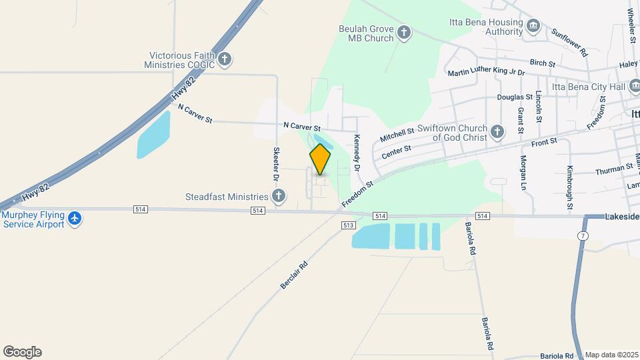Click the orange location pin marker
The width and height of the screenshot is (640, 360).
(320, 159)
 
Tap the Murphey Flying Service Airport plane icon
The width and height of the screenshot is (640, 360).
(75, 219)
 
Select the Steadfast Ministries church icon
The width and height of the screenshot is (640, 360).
(279, 196)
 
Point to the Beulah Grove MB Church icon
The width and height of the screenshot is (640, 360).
(404, 33)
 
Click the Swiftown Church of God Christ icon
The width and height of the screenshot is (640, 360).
(497, 131)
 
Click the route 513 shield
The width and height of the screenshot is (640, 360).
(348, 225)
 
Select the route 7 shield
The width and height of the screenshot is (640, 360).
(583, 236)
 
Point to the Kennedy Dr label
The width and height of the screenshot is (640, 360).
(357, 151)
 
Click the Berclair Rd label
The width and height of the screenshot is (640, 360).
(294, 274)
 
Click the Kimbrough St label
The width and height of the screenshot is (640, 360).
(570, 187)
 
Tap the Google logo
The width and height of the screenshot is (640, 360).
(22, 352)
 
